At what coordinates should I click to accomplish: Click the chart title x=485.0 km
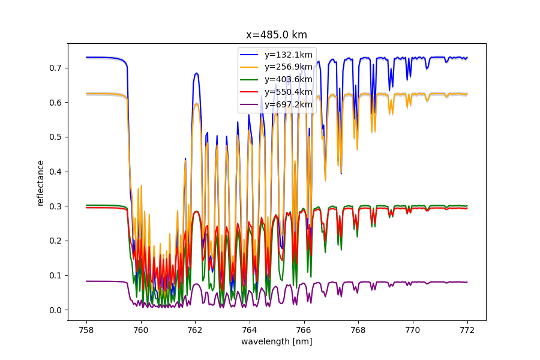[277, 35]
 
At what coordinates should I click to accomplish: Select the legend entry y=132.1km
[288, 54]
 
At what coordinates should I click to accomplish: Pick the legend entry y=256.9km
[288, 67]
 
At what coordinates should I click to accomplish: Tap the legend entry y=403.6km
[288, 79]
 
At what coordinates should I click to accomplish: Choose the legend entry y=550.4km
[288, 92]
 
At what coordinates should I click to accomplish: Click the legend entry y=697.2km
[288, 104]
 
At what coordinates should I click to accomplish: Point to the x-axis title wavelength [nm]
[277, 341]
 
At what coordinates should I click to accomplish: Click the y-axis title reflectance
[41, 182]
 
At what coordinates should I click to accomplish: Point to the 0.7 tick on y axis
[56, 68]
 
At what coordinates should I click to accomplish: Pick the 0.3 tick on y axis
[56, 206]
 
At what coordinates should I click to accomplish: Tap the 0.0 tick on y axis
[56, 310]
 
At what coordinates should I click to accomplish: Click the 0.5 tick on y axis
[56, 137]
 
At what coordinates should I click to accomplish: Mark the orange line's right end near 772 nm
[466, 94]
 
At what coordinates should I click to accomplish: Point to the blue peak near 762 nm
[196, 73]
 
